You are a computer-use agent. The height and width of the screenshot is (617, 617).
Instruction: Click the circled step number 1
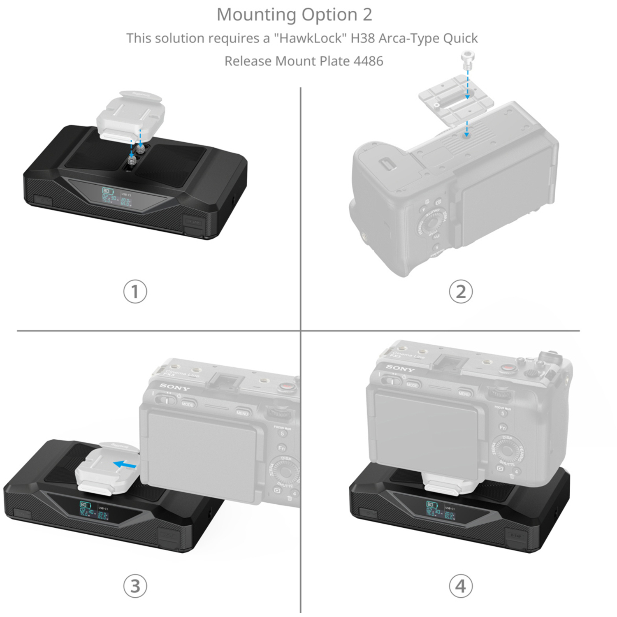[135, 292]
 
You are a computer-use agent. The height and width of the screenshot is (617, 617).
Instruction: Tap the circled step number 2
[461, 292]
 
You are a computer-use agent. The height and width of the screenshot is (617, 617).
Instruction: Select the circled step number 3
[135, 586]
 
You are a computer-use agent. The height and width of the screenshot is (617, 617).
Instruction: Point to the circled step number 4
[461, 586]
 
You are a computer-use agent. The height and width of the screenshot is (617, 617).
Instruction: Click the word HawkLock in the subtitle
[308, 38]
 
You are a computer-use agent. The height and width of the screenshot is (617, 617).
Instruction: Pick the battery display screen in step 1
[116, 197]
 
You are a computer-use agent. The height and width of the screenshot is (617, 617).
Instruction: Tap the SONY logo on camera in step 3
[174, 387]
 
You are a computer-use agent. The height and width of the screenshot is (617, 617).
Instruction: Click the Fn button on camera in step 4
[503, 428]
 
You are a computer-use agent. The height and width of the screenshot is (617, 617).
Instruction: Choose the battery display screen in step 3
[94, 510]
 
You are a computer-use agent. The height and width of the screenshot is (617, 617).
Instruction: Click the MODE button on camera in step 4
[412, 385]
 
